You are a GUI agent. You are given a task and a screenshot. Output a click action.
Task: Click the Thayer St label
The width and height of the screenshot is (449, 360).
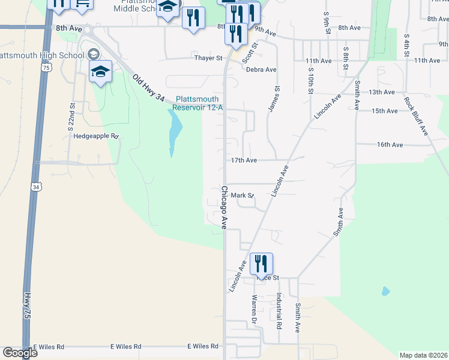click(208, 58)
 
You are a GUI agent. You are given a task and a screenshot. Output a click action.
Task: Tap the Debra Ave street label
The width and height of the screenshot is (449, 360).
click(261, 70)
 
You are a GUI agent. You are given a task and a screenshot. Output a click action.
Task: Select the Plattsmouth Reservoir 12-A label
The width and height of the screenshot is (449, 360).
click(197, 103)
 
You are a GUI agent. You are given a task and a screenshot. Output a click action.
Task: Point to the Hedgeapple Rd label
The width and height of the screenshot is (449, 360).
click(97, 136)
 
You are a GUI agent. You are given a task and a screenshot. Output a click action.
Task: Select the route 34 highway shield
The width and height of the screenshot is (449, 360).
click(37, 187)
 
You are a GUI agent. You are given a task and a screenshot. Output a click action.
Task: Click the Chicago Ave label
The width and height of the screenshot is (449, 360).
click(224, 208)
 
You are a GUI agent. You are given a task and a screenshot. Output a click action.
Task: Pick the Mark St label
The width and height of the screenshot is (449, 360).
click(243, 195)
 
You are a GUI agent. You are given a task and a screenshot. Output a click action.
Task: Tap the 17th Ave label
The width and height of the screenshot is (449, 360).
click(244, 160)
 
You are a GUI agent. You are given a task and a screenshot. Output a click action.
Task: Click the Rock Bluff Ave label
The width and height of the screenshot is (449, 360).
click(416, 115)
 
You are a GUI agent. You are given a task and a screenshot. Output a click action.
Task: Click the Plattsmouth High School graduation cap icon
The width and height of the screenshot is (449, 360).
click(100, 73)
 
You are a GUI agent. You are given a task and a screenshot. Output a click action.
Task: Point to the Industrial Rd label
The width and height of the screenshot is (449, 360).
click(279, 310)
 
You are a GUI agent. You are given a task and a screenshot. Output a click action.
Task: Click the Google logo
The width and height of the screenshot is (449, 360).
click(19, 353)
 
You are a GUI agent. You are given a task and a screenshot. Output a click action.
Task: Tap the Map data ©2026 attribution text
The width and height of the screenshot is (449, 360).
click(424, 355)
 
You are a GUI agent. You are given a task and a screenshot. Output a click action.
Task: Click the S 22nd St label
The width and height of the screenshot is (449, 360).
click(72, 115)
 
